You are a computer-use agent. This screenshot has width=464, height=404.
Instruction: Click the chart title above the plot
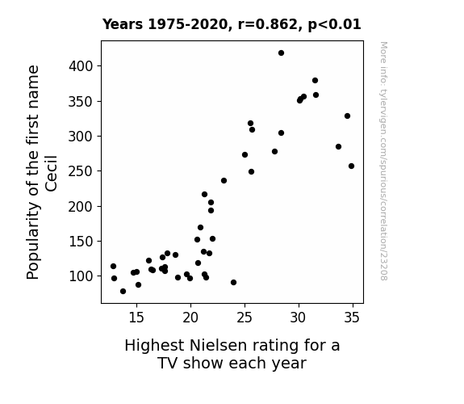(232, 24)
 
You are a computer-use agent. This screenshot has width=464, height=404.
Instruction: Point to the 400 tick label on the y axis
(81, 66)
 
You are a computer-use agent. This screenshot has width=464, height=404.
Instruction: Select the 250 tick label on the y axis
(81, 171)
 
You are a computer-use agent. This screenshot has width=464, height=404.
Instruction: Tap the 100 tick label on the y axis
(81, 276)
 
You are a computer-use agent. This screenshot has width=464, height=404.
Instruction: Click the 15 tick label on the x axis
(136, 318)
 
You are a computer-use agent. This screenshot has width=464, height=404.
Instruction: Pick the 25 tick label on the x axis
(245, 318)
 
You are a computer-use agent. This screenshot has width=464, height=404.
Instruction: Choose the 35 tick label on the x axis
(352, 318)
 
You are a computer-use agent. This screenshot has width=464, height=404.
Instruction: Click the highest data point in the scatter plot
(281, 53)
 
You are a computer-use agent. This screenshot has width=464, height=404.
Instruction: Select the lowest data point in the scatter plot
(123, 292)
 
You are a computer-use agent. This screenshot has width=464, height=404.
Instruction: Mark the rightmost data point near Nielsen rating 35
(351, 166)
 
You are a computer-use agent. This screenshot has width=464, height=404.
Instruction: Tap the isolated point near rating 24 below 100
(233, 283)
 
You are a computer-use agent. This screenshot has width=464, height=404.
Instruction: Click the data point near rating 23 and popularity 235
(224, 180)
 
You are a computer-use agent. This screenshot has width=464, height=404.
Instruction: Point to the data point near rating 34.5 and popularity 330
(348, 116)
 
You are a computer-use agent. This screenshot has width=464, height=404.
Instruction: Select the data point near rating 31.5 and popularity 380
(315, 80)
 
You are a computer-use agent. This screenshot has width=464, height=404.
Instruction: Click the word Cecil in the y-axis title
(51, 174)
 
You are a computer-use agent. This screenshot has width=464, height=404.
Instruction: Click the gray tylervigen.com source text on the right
(383, 161)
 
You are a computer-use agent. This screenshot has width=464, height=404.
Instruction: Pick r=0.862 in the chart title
(267, 24)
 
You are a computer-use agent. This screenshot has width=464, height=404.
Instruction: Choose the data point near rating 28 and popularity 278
(274, 151)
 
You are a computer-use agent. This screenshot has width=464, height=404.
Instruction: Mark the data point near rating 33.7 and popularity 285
(339, 147)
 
